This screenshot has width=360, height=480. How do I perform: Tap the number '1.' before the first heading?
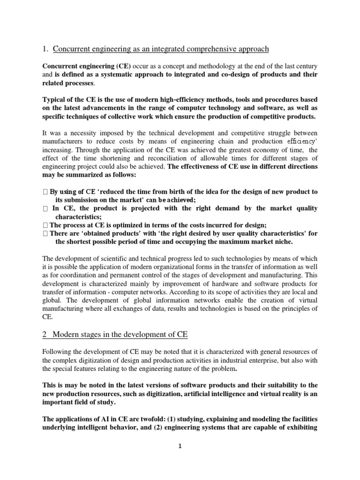pyautogui.click(x=45, y=49)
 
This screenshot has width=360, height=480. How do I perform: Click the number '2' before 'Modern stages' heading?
pyautogui.click(x=45, y=334)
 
